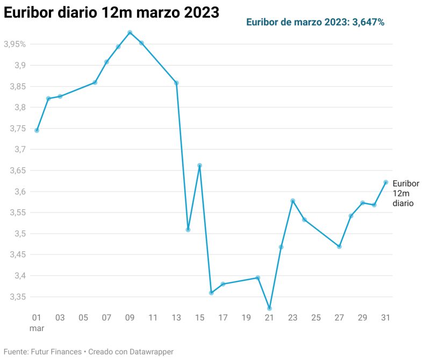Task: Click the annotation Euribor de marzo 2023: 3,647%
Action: [x=315, y=22]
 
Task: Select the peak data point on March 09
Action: [x=130, y=32]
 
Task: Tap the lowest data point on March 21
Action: [x=269, y=308]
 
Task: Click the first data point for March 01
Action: [x=37, y=130]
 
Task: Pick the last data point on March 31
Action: [x=386, y=182]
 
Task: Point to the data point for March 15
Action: [x=199, y=165]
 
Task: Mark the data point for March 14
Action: [x=188, y=230]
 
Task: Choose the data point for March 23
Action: [x=292, y=201]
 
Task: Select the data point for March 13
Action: [x=176, y=83]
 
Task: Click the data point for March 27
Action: [x=339, y=246]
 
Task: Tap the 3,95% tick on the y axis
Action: [x=15, y=44]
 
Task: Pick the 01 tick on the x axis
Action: [x=37, y=317]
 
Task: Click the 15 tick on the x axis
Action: [x=199, y=317]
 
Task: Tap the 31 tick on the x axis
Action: [x=385, y=317]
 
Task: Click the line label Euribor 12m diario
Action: [x=406, y=194]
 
